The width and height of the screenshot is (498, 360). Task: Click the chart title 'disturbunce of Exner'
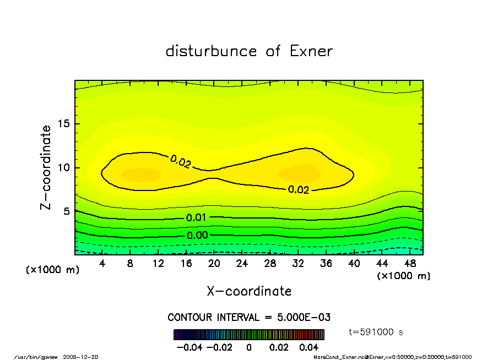click(249, 51)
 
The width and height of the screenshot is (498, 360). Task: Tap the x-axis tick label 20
click(214, 264)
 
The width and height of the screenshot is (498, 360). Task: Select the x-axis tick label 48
click(409, 264)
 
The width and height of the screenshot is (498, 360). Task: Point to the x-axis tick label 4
click(102, 264)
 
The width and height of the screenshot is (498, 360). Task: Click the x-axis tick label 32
click(297, 264)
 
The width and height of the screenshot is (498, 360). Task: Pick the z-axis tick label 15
click(64, 124)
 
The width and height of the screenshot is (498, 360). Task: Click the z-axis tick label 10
click(64, 167)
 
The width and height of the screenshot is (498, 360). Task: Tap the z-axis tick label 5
click(67, 211)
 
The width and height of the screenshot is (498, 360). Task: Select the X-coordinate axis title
click(249, 291)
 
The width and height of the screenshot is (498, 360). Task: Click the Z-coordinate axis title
click(46, 167)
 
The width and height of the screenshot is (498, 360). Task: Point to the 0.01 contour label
click(196, 217)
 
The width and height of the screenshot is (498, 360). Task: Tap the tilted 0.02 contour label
click(181, 162)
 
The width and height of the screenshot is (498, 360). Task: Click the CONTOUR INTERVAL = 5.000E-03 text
click(249, 318)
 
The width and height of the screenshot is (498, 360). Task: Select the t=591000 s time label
click(377, 332)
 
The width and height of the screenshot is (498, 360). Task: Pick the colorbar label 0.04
click(309, 347)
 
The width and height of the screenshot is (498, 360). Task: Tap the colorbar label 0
click(249, 347)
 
